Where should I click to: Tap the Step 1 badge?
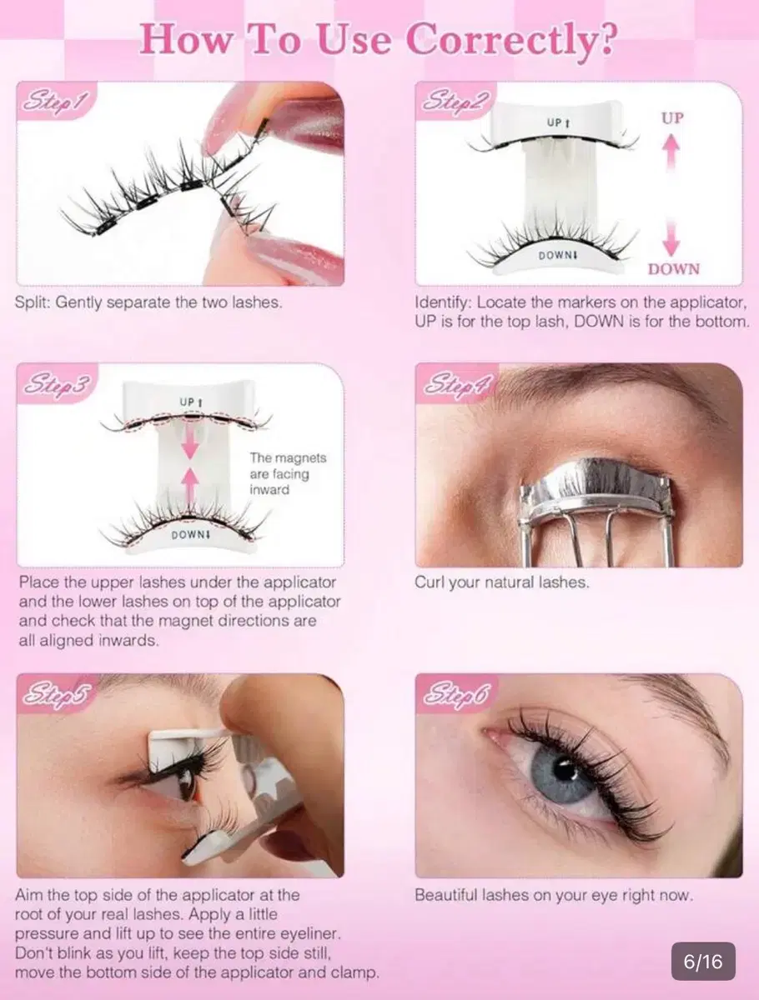coord(56,101)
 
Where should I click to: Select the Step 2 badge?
coord(455,101)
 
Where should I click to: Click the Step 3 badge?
coord(57,383)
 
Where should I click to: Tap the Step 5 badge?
coord(57,694)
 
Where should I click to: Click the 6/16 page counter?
coord(703,962)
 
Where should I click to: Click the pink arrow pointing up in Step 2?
coord(671,154)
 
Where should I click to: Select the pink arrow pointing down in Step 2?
coord(671,237)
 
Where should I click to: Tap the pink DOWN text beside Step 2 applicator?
coord(673,269)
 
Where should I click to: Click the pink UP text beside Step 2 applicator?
coord(672,118)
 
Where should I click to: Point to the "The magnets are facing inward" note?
coord(288,473)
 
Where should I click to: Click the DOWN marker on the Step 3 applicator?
coord(190,534)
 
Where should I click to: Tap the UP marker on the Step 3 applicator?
coord(191,402)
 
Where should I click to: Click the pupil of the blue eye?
coord(565,771)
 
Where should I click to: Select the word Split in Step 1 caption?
coord(32,302)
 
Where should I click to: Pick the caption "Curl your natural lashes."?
coord(502,582)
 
